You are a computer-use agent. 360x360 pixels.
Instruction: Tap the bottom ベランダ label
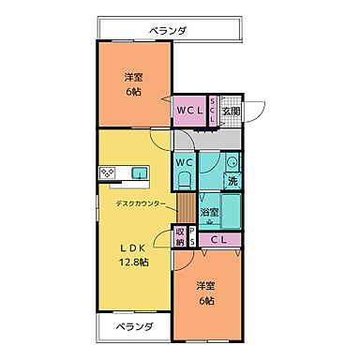pos(121,327)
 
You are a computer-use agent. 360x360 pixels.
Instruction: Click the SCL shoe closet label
pos(213,111)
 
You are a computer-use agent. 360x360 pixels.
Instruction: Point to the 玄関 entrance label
pos(231,111)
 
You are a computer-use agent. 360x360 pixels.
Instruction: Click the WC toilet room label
pos(185,161)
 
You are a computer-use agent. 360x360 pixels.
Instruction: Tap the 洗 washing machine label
pos(232,180)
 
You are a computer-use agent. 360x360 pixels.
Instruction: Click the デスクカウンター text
pos(142,203)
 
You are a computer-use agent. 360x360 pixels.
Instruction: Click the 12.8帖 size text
pos(132,263)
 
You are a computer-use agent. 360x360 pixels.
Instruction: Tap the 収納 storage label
pos(180,237)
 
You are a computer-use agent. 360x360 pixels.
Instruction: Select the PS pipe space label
pos(192,237)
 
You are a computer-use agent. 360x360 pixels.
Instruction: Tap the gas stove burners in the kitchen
pos(108,172)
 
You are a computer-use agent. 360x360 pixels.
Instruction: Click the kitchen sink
pos(139,172)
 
